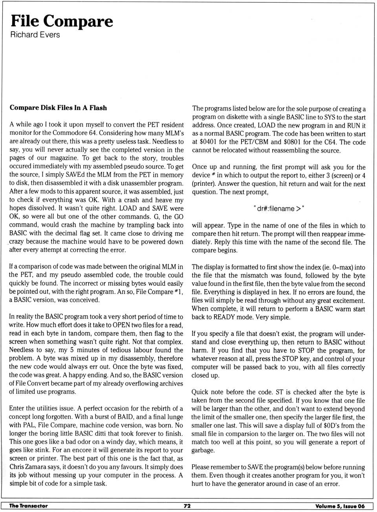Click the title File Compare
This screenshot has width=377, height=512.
[62, 21]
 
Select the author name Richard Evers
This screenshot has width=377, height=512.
[35, 35]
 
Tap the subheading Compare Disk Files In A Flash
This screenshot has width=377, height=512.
[58, 108]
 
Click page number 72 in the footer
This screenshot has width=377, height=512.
[187, 506]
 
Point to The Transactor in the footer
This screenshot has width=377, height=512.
[28, 506]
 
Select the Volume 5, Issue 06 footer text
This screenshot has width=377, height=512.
[340, 506]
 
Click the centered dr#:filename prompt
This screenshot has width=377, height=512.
[279, 209]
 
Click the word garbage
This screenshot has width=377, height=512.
[203, 450]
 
